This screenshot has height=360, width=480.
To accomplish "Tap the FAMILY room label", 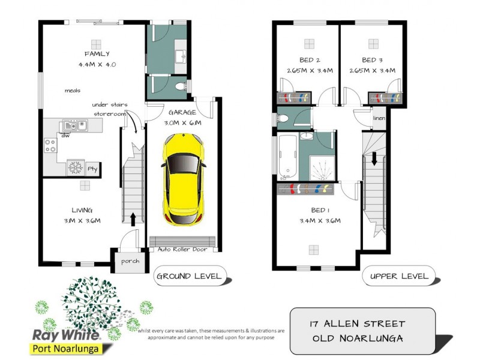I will point(97,54).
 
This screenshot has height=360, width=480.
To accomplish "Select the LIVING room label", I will point(82,211).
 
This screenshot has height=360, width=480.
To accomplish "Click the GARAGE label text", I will point(182,112).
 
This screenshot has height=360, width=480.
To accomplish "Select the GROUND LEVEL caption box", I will point(188,277).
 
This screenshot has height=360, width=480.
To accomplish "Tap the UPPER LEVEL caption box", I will point(399,277).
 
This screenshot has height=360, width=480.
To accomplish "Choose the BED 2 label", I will point(309,60).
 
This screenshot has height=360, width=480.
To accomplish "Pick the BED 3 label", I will point(372,60).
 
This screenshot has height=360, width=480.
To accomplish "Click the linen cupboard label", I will point(379,118).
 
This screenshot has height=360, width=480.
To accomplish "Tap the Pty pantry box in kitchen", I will point(92,169).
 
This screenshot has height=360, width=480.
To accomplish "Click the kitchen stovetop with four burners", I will point(50,145).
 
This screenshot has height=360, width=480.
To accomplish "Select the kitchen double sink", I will point(75,125).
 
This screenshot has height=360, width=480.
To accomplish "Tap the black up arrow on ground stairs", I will point(133,217).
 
